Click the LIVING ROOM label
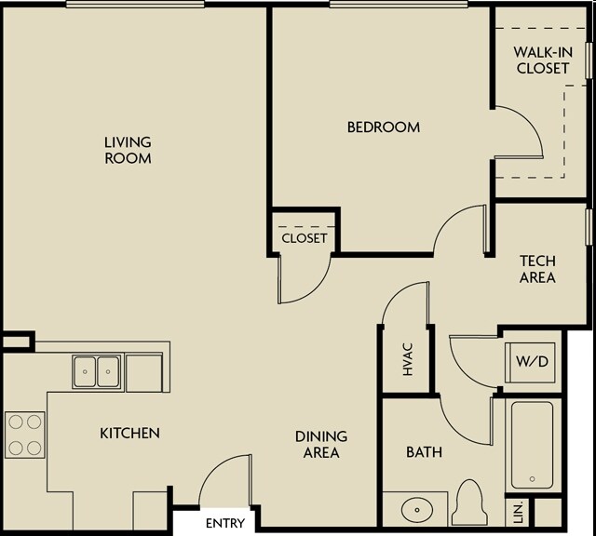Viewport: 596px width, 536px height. (128, 150)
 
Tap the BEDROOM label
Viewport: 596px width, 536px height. (384, 127)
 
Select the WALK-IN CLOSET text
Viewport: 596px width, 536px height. (543, 60)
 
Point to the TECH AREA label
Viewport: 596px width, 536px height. (537, 269)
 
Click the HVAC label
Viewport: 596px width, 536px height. (408, 359)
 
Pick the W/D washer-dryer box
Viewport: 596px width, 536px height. (530, 362)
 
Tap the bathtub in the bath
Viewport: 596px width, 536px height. (532, 445)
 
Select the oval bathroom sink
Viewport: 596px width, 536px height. (417, 509)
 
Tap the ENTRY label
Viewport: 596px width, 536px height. (225, 524)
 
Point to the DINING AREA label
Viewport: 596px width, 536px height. (321, 445)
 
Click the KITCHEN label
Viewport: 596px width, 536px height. (130, 433)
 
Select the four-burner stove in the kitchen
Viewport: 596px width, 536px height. (25, 435)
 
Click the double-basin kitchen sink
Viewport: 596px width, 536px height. (97, 372)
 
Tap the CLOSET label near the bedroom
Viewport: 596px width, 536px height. (305, 238)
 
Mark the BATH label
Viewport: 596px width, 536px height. (425, 452)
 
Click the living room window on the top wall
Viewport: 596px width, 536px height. (135, 4)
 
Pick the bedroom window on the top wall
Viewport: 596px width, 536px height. (399, 4)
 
